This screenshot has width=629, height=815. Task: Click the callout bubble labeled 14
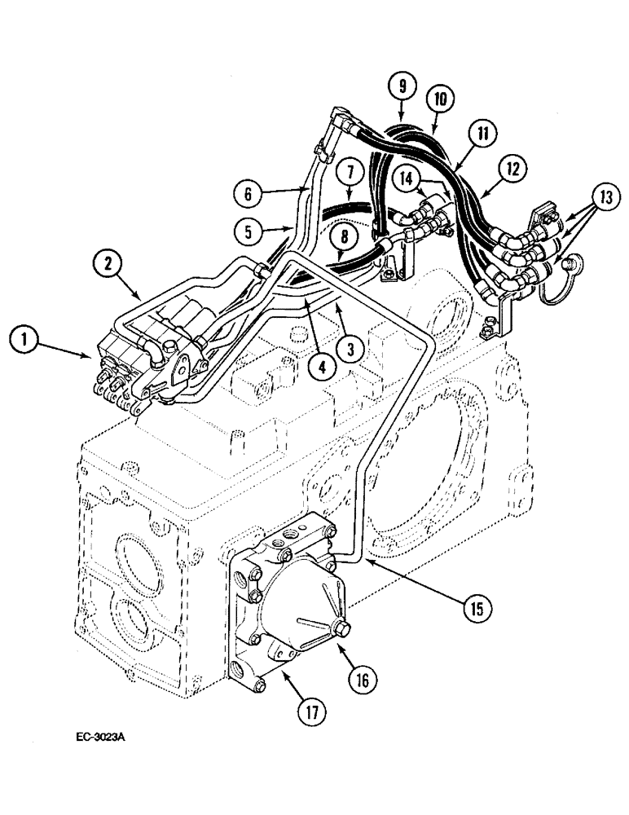click(407, 176)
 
